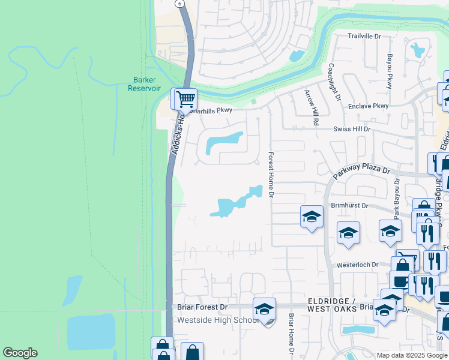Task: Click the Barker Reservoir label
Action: (145, 83)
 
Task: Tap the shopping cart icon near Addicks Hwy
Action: (185, 98)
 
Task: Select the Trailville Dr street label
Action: (364, 37)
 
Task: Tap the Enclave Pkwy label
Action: (369, 106)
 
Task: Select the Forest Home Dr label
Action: (271, 176)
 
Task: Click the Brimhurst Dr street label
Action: (349, 205)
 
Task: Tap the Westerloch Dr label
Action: (358, 265)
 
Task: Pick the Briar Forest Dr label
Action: (203, 307)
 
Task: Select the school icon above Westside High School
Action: (264, 308)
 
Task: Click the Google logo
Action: (20, 353)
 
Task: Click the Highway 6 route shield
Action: (179, 3)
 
